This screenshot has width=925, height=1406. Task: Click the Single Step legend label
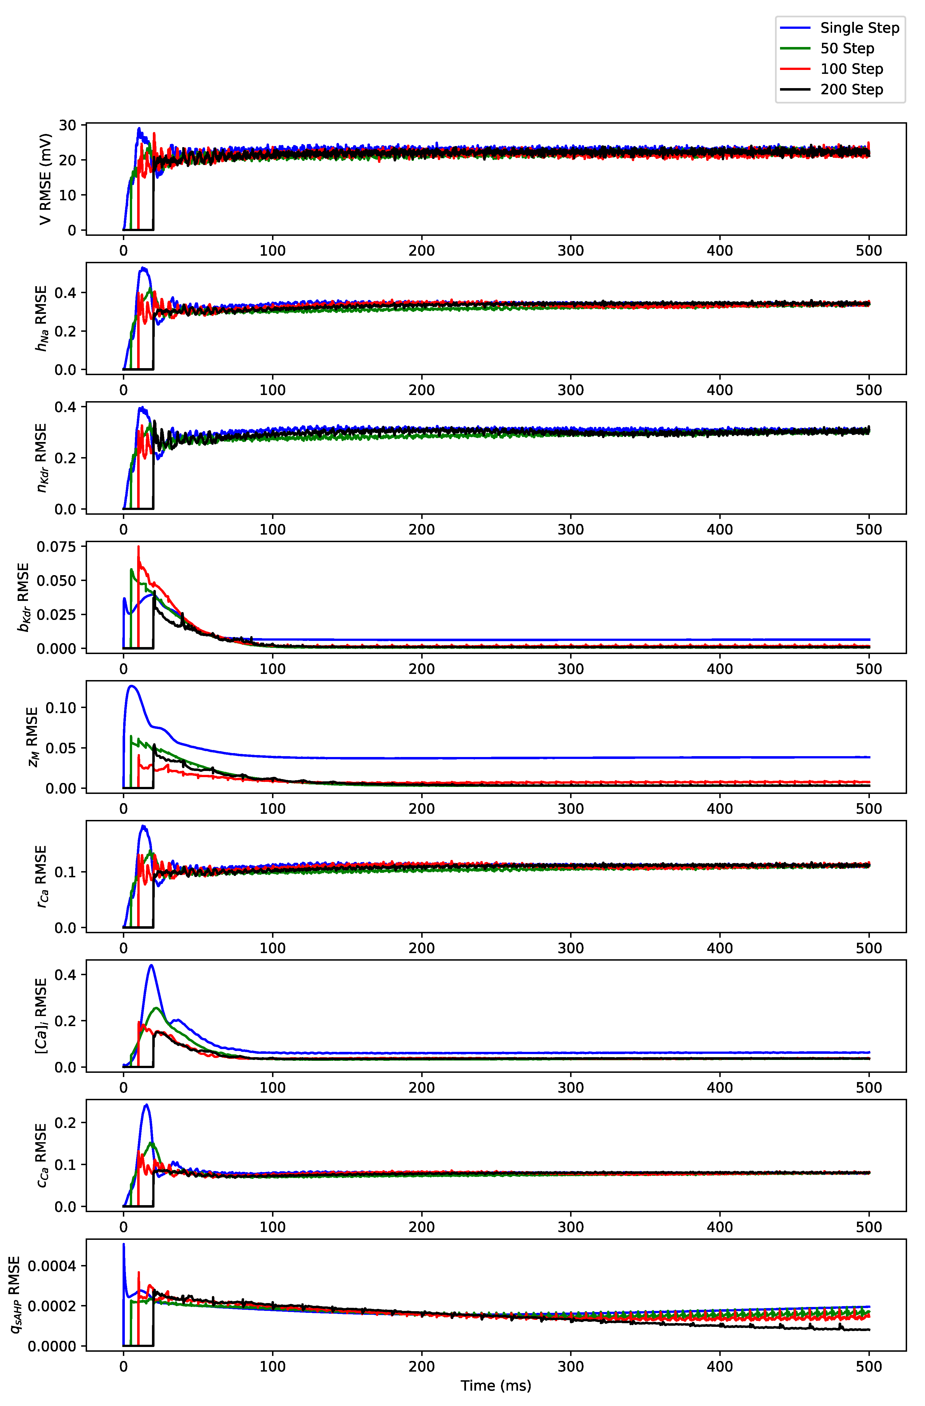click(859, 28)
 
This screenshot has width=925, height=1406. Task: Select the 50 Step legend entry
click(846, 48)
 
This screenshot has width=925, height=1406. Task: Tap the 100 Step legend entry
click(851, 69)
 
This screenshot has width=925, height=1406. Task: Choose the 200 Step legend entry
click(851, 90)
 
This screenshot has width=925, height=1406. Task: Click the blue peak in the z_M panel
click(131, 686)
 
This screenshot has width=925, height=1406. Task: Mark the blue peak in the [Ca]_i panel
click(151, 965)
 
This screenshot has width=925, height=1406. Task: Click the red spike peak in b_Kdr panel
click(138, 546)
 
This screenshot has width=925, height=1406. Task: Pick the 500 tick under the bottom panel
click(868, 1367)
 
